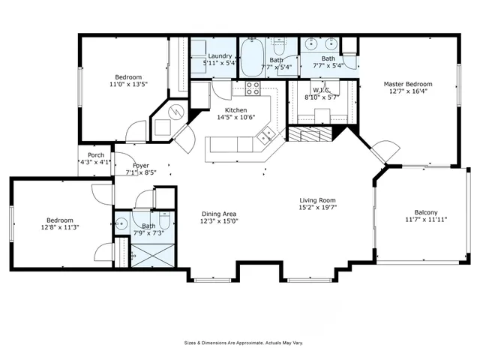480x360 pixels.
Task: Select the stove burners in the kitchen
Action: (253, 89)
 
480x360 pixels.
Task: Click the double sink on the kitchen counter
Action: (265, 136)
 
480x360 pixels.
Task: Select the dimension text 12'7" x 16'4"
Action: (408, 92)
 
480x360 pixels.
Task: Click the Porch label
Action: (96, 154)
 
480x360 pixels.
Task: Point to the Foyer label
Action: (141, 165)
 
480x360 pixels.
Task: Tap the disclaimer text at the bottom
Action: (244, 343)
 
